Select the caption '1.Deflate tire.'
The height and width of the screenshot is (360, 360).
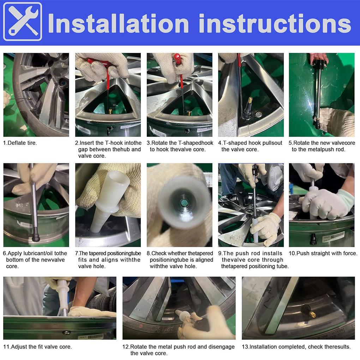[x=20, y=143]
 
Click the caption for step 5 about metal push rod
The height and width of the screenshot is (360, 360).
[x=322, y=146]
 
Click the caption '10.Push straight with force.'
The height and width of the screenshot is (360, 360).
[x=323, y=253]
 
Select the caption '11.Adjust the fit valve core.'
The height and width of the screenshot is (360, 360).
[x=37, y=347]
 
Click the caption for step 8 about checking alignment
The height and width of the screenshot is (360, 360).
[x=180, y=260]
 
